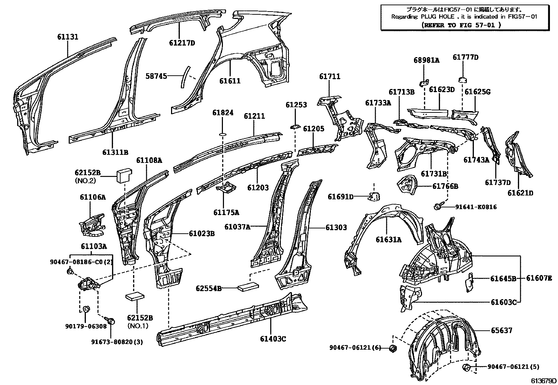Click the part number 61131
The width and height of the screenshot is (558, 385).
coord(68,37)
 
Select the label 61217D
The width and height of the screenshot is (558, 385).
coord(182,43)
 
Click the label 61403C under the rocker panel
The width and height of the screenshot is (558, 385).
coord(273,339)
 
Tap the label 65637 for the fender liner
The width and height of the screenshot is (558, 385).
coord(501,330)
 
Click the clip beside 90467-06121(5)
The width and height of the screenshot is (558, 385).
coord(467,367)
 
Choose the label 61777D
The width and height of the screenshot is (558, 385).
coord(465,57)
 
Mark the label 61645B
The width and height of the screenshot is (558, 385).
coord(503,279)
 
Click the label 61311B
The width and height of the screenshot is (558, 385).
coord(115,152)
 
